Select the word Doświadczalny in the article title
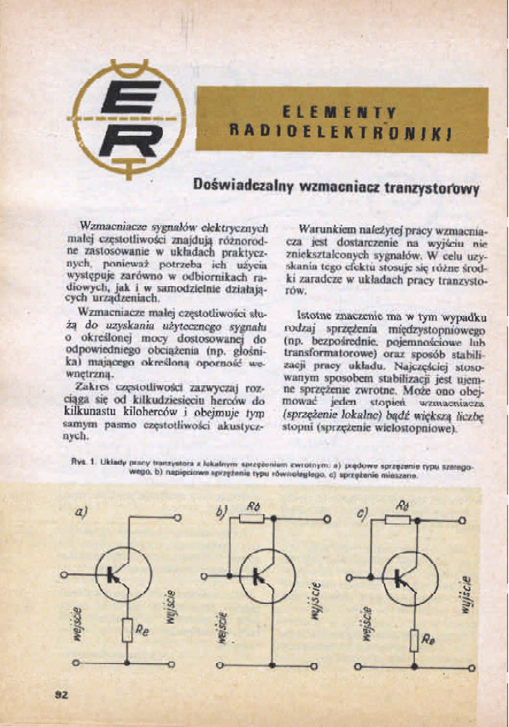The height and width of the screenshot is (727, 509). (242, 185)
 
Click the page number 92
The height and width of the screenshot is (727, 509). (61, 694)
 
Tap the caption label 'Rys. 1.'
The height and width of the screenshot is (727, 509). (85, 462)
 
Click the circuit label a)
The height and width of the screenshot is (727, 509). (83, 512)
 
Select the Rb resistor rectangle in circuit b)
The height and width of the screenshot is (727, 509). (253, 519)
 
